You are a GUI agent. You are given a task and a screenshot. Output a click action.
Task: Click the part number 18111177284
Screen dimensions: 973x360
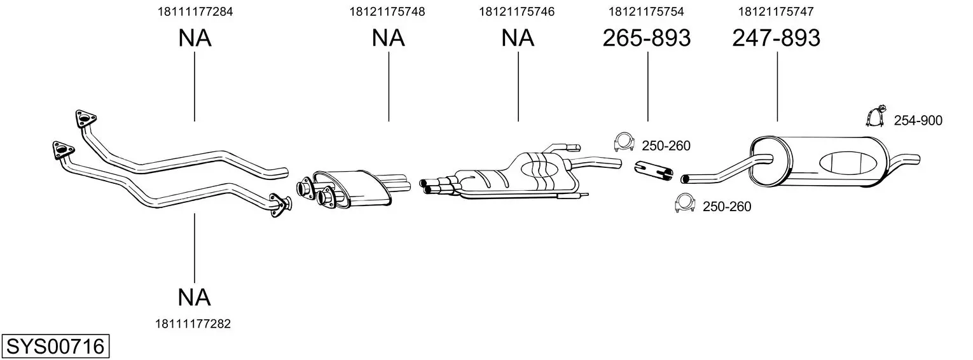point(195,11)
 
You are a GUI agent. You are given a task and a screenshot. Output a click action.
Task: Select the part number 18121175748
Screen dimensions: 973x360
point(387,11)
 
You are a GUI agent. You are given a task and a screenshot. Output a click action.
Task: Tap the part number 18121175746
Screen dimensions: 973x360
point(517,11)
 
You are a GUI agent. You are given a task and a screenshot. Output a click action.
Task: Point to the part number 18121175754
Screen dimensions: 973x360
point(646,11)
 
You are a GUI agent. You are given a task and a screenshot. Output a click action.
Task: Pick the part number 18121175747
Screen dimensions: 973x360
point(776,11)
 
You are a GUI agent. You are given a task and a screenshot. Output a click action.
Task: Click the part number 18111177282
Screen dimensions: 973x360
point(193,324)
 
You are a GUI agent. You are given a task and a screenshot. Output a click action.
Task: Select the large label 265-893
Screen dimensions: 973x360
point(647,38)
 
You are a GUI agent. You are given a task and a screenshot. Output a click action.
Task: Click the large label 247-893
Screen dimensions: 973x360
point(776,38)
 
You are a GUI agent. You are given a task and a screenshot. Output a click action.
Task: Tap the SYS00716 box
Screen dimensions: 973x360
point(55,346)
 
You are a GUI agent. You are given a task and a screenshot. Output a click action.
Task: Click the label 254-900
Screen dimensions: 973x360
point(918,121)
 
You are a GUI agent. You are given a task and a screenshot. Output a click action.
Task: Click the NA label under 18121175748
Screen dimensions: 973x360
point(389,38)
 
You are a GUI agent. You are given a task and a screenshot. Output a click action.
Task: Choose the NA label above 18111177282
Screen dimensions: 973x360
point(194,298)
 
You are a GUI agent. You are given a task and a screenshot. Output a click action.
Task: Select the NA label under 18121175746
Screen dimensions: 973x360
point(518,38)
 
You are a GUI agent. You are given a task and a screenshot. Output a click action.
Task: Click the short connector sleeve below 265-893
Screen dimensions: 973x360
point(654,170)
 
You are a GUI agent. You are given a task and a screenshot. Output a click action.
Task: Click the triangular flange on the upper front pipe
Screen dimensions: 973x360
point(85,118)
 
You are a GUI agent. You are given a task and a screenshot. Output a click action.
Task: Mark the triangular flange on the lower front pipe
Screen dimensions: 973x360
point(62,150)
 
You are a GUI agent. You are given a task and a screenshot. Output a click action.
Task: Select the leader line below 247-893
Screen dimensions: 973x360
point(777,87)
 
